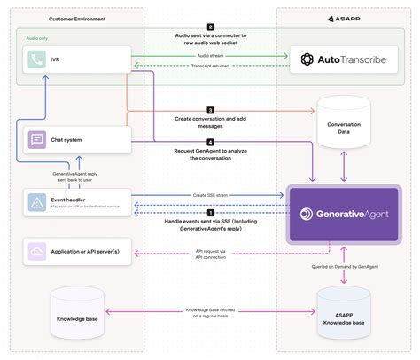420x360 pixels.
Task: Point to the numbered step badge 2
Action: (210, 27)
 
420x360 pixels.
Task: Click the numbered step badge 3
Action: (210, 110)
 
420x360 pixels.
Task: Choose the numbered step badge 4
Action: (210, 142)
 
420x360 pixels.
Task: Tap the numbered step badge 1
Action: (210, 213)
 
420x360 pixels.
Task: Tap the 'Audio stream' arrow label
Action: (210, 54)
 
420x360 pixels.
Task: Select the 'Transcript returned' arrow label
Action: (210, 66)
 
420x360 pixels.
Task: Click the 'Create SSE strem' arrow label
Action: (210, 193)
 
